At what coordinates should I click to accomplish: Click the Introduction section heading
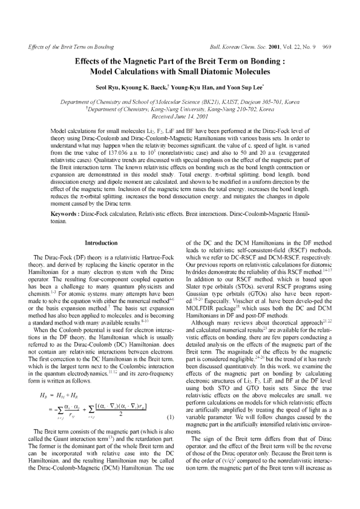(100, 242)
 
